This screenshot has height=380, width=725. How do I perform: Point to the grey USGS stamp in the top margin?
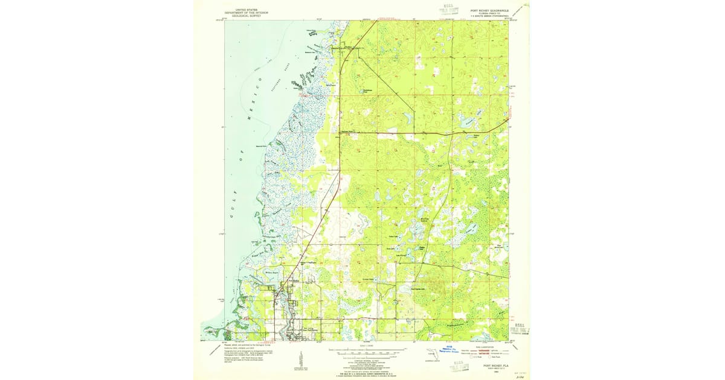click(x=448, y=10)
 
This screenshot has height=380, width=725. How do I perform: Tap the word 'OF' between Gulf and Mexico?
click(x=240, y=159)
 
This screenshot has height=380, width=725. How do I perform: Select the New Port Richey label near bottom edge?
click(x=308, y=329)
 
